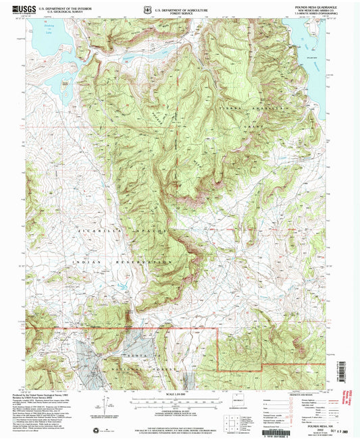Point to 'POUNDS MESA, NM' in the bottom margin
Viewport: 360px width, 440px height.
(x=312, y=418)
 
